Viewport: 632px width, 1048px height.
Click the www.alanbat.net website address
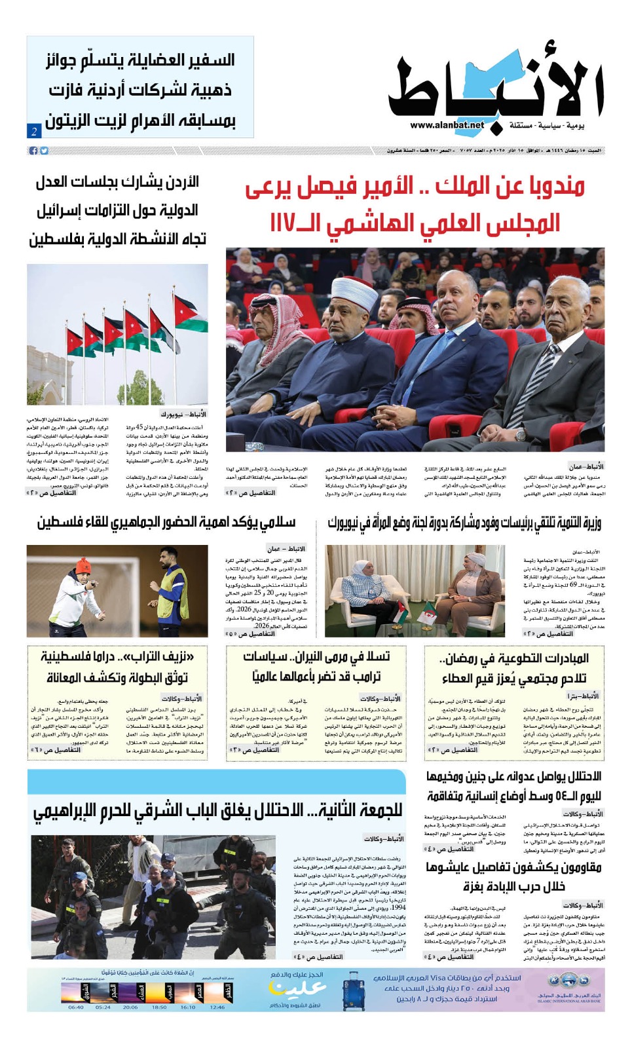(x=447, y=125)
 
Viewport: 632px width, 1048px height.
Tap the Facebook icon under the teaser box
(x=33, y=151)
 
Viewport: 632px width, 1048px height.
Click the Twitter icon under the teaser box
(x=44, y=151)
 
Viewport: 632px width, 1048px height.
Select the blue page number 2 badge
(x=34, y=131)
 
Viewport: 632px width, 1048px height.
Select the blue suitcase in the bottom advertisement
(x=353, y=988)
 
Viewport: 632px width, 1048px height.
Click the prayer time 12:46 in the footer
(x=217, y=1007)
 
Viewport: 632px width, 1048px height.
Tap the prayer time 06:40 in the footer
(x=76, y=1007)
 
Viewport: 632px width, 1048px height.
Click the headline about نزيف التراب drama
(x=117, y=666)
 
